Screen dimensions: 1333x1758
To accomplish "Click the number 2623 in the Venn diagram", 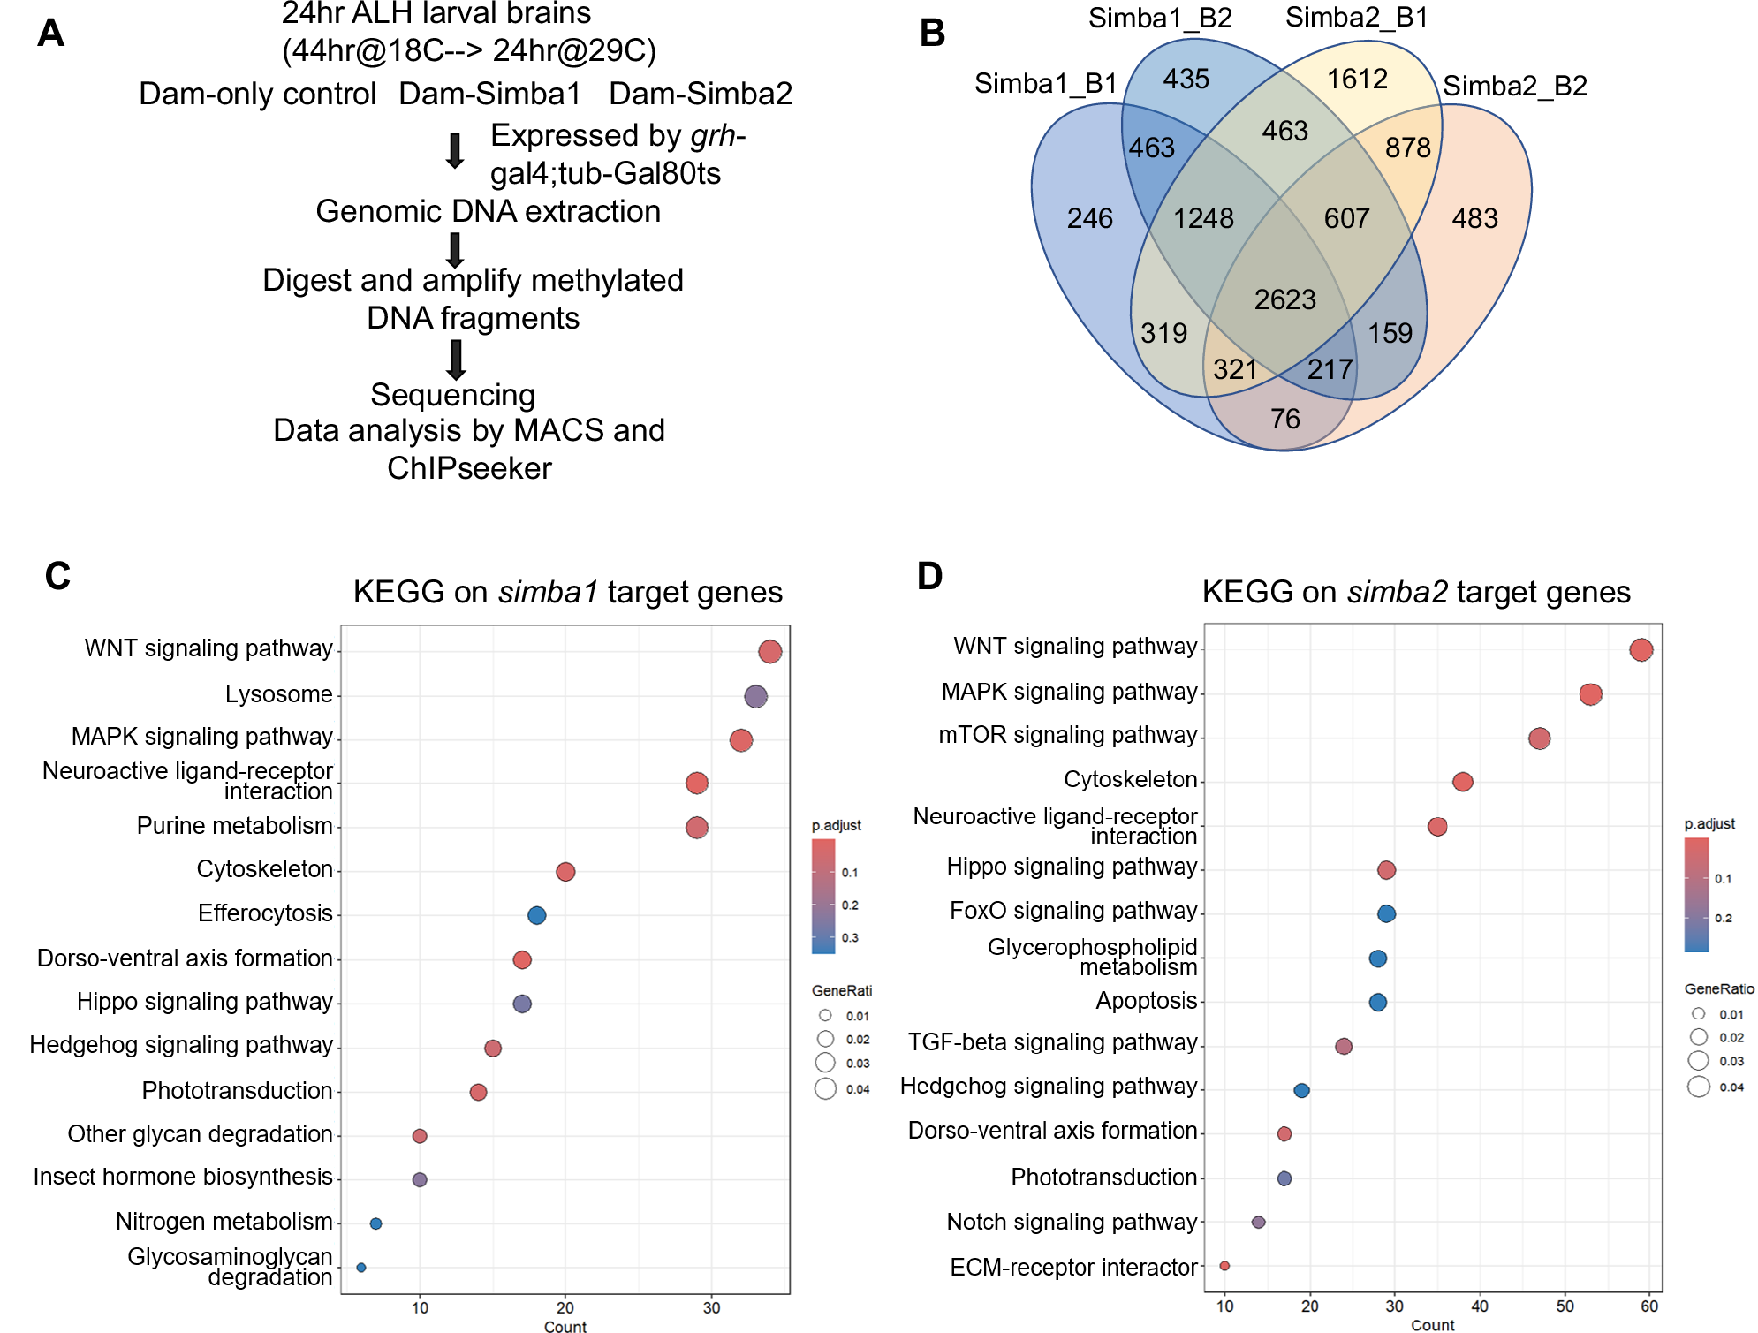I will point(1284,299).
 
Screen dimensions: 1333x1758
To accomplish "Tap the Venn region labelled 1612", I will point(1357,80).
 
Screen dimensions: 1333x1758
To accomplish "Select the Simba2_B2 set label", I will point(1514,86).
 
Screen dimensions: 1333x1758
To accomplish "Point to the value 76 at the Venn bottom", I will point(1284,418).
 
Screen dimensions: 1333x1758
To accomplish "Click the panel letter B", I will point(932,34).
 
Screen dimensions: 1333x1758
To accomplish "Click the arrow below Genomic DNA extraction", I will point(455,250).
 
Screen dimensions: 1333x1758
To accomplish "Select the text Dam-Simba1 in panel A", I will point(489,94).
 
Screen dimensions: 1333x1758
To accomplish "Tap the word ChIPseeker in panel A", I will point(469,468).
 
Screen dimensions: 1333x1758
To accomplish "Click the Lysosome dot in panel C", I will point(755,696).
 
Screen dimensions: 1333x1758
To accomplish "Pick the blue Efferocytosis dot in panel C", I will point(536,915).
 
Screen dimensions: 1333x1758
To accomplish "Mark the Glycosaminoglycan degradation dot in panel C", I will point(360,1267).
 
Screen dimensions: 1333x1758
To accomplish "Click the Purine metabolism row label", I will point(234,826).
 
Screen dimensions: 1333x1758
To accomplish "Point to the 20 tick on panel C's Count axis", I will point(565,1307).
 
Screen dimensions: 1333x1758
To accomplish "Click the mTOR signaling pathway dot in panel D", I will point(1539,738).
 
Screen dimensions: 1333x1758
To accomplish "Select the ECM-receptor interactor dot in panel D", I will point(1224,1266).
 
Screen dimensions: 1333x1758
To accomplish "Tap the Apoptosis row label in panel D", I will point(1146,1001).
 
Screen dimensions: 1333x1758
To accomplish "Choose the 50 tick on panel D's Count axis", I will point(1565,1306).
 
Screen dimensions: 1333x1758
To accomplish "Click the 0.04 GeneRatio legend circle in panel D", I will point(1698,1087).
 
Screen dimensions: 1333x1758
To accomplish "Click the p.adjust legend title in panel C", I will point(836,825).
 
